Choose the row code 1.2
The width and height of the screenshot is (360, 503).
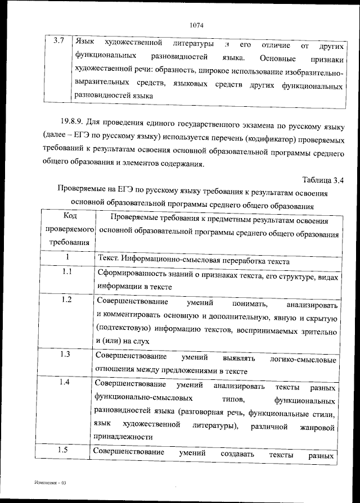pyautogui.click(x=66, y=300)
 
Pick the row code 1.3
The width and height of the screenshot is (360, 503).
pyautogui.click(x=66, y=354)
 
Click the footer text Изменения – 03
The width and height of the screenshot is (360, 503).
pyautogui.click(x=49, y=483)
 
